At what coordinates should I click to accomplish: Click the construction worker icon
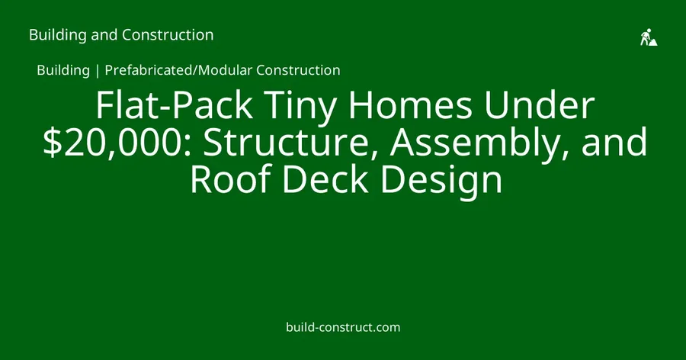[649, 37]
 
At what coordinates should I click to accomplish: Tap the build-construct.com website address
[343, 327]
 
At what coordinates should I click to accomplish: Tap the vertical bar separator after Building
[97, 70]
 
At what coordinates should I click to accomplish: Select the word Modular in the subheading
[225, 70]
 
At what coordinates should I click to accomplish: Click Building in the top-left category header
[58, 36]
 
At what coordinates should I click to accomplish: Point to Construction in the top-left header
[168, 35]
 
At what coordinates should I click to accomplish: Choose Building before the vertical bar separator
[63, 70]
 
